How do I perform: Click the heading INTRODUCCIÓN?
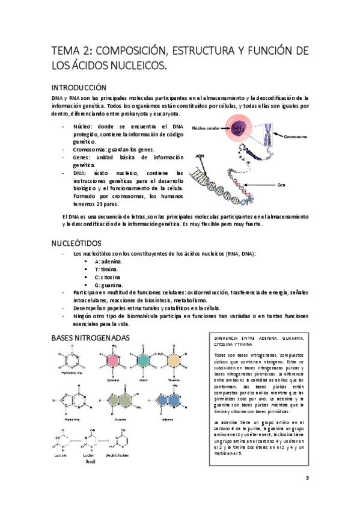click(x=80, y=87)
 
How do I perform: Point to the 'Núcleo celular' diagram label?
click(x=206, y=128)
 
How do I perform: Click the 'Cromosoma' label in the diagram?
click(x=295, y=137)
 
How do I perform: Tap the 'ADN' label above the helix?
click(x=200, y=156)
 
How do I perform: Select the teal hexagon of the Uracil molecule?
click(x=144, y=360)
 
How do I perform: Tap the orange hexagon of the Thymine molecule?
click(x=174, y=360)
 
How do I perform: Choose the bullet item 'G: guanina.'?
click(x=109, y=284)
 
